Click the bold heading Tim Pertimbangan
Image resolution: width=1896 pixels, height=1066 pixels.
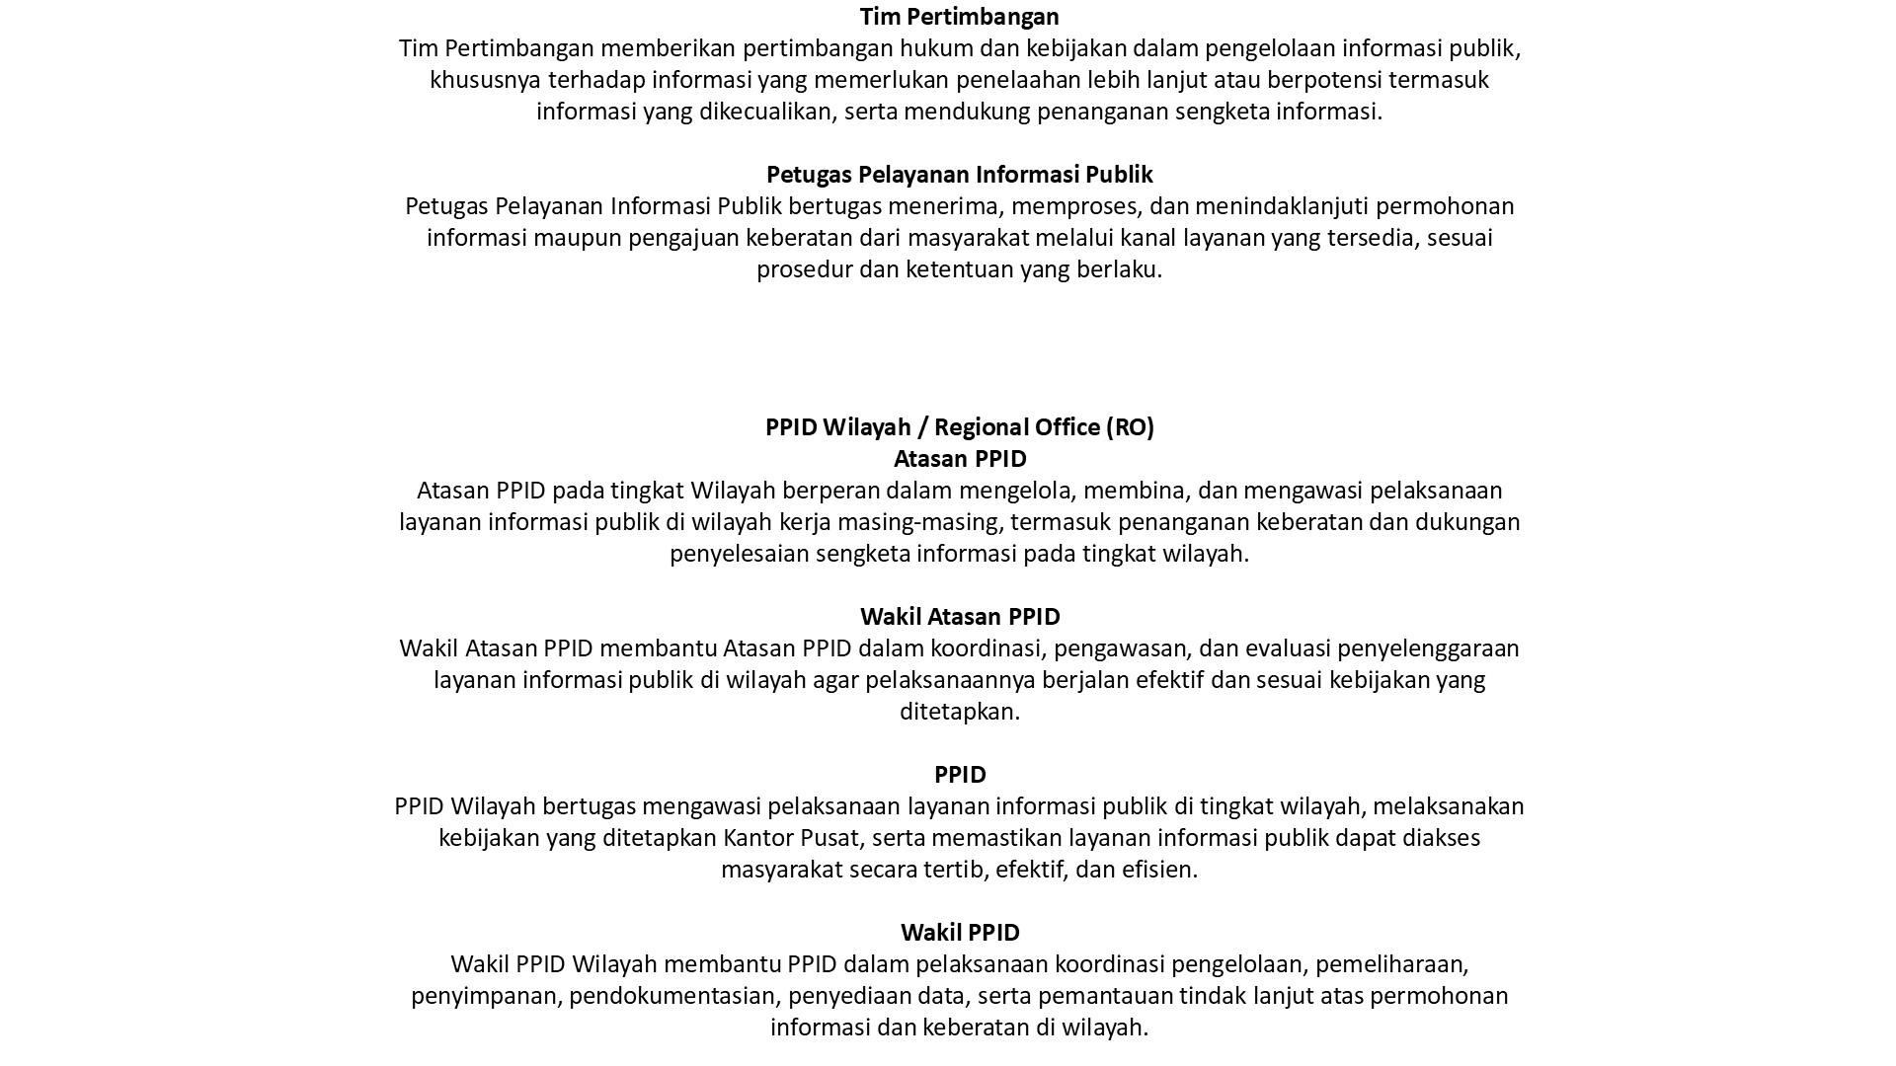[959, 17]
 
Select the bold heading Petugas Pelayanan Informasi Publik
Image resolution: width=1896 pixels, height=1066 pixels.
[959, 175]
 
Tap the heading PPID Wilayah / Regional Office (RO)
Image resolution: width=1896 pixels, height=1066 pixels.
[959, 427]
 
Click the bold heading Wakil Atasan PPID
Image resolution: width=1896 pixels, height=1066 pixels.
[959, 617]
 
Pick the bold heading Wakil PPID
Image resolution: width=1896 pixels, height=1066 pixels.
[959, 933]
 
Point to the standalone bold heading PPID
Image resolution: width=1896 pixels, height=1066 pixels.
[959, 775]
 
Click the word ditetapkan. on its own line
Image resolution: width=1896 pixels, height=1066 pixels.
[959, 712]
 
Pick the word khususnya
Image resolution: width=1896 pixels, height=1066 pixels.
[485, 80]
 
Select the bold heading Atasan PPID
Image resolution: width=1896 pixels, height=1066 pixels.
[959, 459]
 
